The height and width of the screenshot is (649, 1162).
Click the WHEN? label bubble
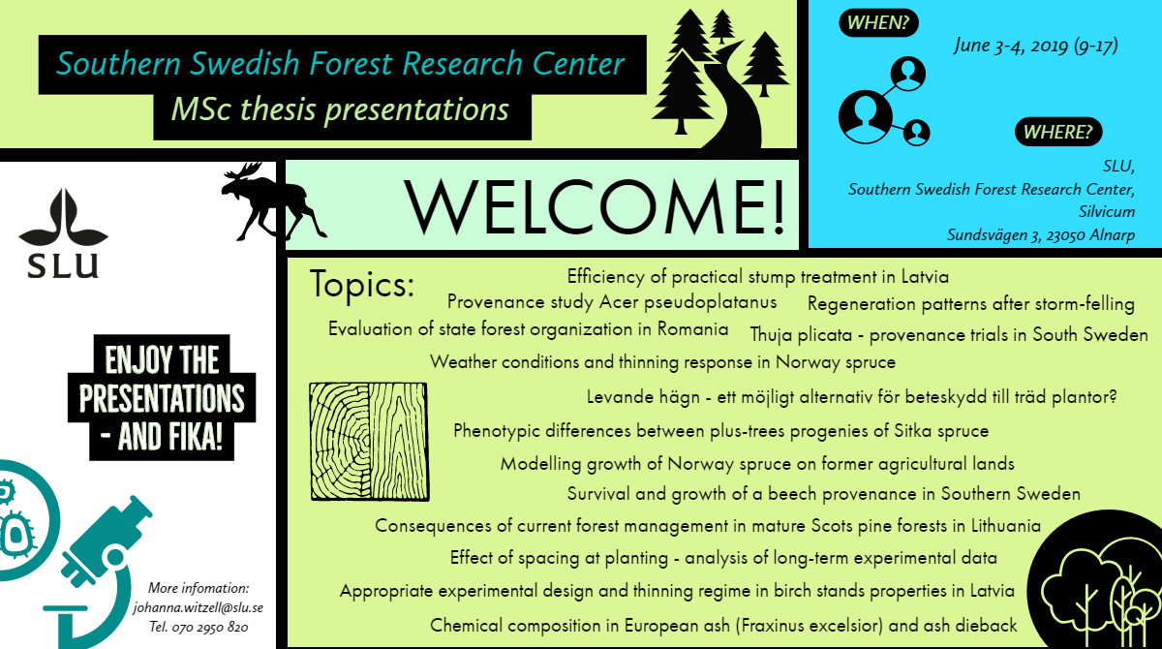point(878,23)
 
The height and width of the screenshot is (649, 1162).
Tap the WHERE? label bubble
point(1058,132)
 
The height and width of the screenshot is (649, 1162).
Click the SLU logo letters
point(63,266)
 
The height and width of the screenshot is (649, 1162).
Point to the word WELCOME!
point(595,207)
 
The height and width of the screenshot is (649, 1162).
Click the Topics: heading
point(362,284)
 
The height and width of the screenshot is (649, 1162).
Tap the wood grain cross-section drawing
point(369,442)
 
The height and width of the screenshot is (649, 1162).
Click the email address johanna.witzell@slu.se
point(199,607)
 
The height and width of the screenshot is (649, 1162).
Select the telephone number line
point(199,628)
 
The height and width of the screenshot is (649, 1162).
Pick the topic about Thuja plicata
point(949,334)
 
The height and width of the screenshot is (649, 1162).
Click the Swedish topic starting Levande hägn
point(851,397)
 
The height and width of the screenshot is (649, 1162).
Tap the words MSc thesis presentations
point(340,109)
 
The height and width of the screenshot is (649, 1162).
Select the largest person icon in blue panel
point(866,117)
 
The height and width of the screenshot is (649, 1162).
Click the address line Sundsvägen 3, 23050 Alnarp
point(1041,235)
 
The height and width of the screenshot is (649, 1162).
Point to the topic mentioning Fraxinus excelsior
point(723,626)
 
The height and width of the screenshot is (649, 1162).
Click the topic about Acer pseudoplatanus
point(612,302)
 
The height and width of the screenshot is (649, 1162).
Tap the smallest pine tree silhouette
point(722,26)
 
